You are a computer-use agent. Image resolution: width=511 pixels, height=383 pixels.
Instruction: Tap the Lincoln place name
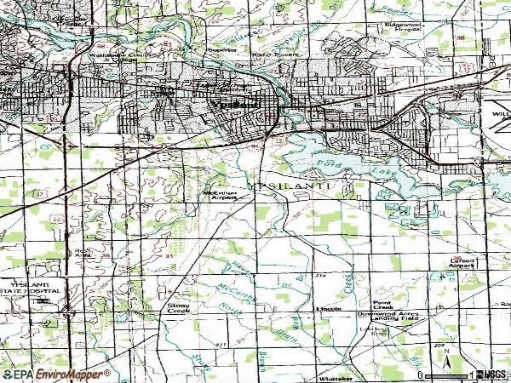click(x=329, y=308)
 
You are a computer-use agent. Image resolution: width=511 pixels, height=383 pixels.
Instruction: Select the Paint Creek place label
click(x=384, y=304)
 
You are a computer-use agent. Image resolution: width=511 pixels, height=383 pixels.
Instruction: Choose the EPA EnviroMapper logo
click(x=56, y=374)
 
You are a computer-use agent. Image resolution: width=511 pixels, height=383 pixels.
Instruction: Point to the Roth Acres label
click(x=82, y=253)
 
